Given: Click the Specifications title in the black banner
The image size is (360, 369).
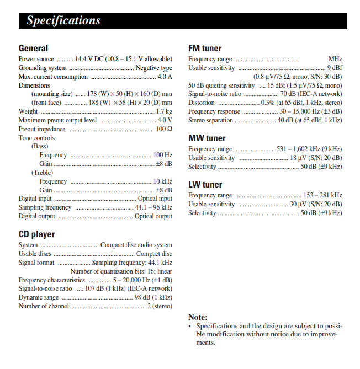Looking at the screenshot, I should (x=63, y=21).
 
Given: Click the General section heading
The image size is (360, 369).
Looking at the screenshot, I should (x=33, y=48).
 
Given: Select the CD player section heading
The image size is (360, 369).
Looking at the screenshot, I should (x=36, y=234).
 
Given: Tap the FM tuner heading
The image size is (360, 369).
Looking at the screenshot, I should (x=205, y=48).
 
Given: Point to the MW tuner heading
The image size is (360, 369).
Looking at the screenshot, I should (x=207, y=138).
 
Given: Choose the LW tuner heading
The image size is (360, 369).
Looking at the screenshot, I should (x=205, y=184).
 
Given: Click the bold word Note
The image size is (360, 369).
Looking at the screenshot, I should (x=198, y=317).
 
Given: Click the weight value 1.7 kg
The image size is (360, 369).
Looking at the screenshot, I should (x=164, y=111).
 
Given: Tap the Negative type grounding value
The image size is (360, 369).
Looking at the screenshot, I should (x=154, y=68).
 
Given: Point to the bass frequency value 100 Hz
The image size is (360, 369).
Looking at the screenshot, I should (x=162, y=156).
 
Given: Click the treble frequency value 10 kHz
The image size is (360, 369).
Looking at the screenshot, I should (x=162, y=181).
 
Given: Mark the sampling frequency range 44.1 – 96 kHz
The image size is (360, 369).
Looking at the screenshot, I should (x=153, y=207).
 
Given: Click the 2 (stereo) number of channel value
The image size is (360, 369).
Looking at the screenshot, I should (x=160, y=306).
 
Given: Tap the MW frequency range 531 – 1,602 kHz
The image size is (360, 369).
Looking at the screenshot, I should (x=309, y=149).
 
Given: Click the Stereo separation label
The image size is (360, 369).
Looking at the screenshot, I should (x=210, y=120).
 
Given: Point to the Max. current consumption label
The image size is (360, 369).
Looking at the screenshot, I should (x=53, y=77).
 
